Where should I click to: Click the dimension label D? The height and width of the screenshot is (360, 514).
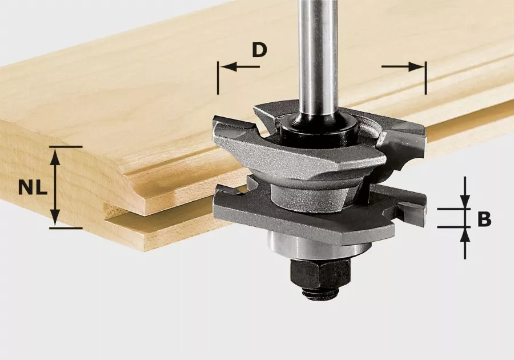tap(259, 50)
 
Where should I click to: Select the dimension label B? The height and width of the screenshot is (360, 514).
tap(484, 219)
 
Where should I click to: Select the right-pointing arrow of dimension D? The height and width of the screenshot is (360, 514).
tap(417, 67)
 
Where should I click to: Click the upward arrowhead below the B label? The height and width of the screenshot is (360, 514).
tap(465, 233)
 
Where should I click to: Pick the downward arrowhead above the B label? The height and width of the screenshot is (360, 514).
tap(465, 202)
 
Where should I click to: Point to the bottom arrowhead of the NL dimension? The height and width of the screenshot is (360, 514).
tap(54, 220)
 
